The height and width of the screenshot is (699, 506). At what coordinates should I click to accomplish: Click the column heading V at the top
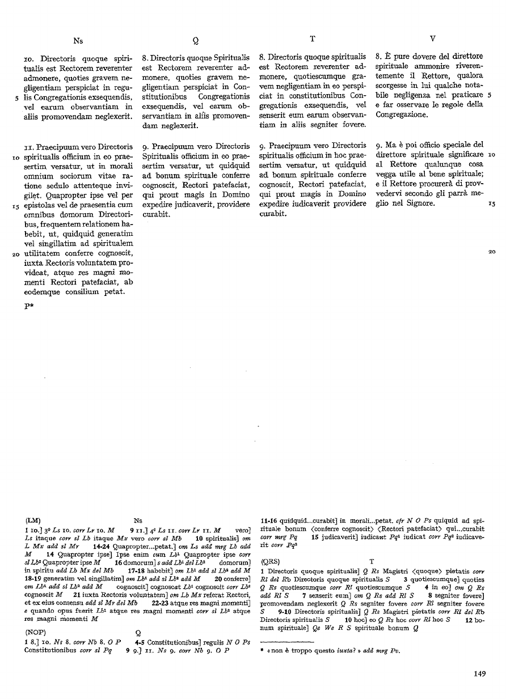point(433,39)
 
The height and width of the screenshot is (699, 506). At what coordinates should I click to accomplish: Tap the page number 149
point(479,674)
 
